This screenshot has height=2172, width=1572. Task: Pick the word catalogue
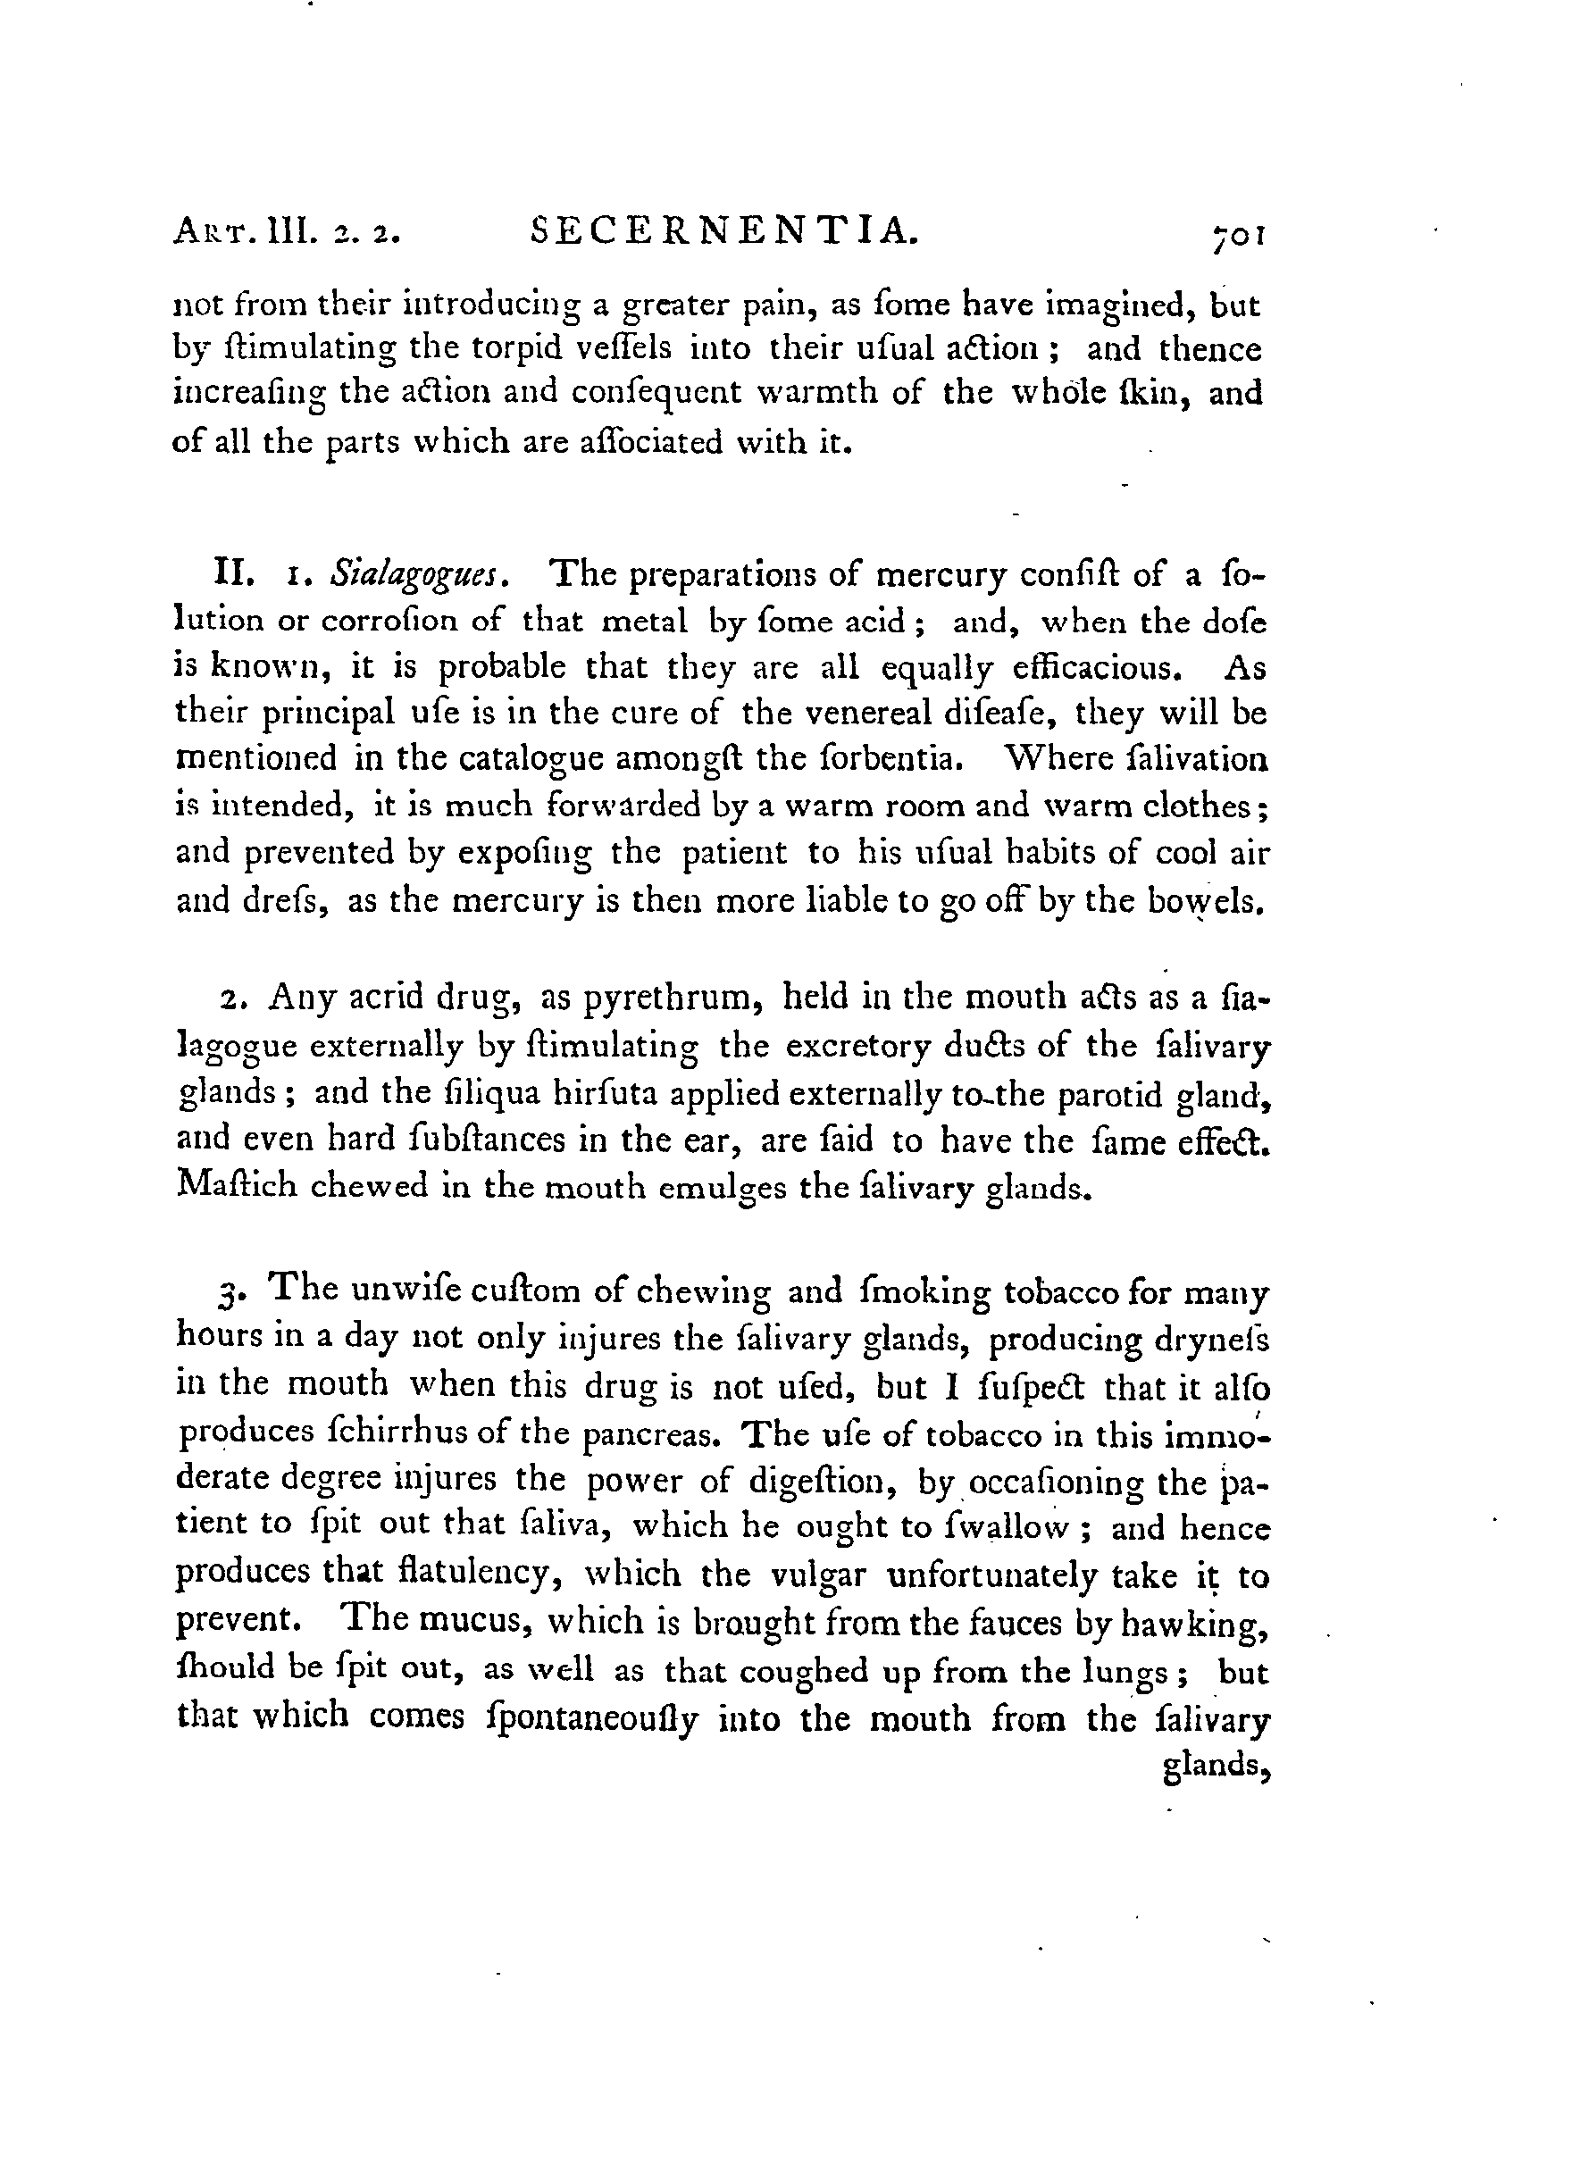click(531, 759)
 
